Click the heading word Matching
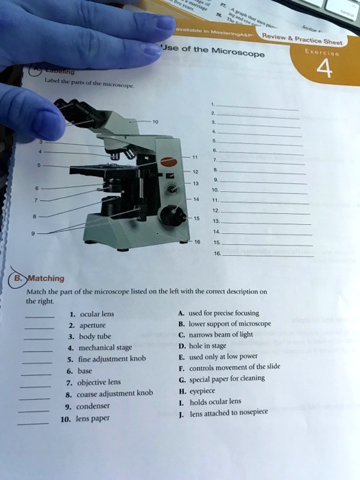coord(46,278)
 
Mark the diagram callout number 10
coord(156,122)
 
